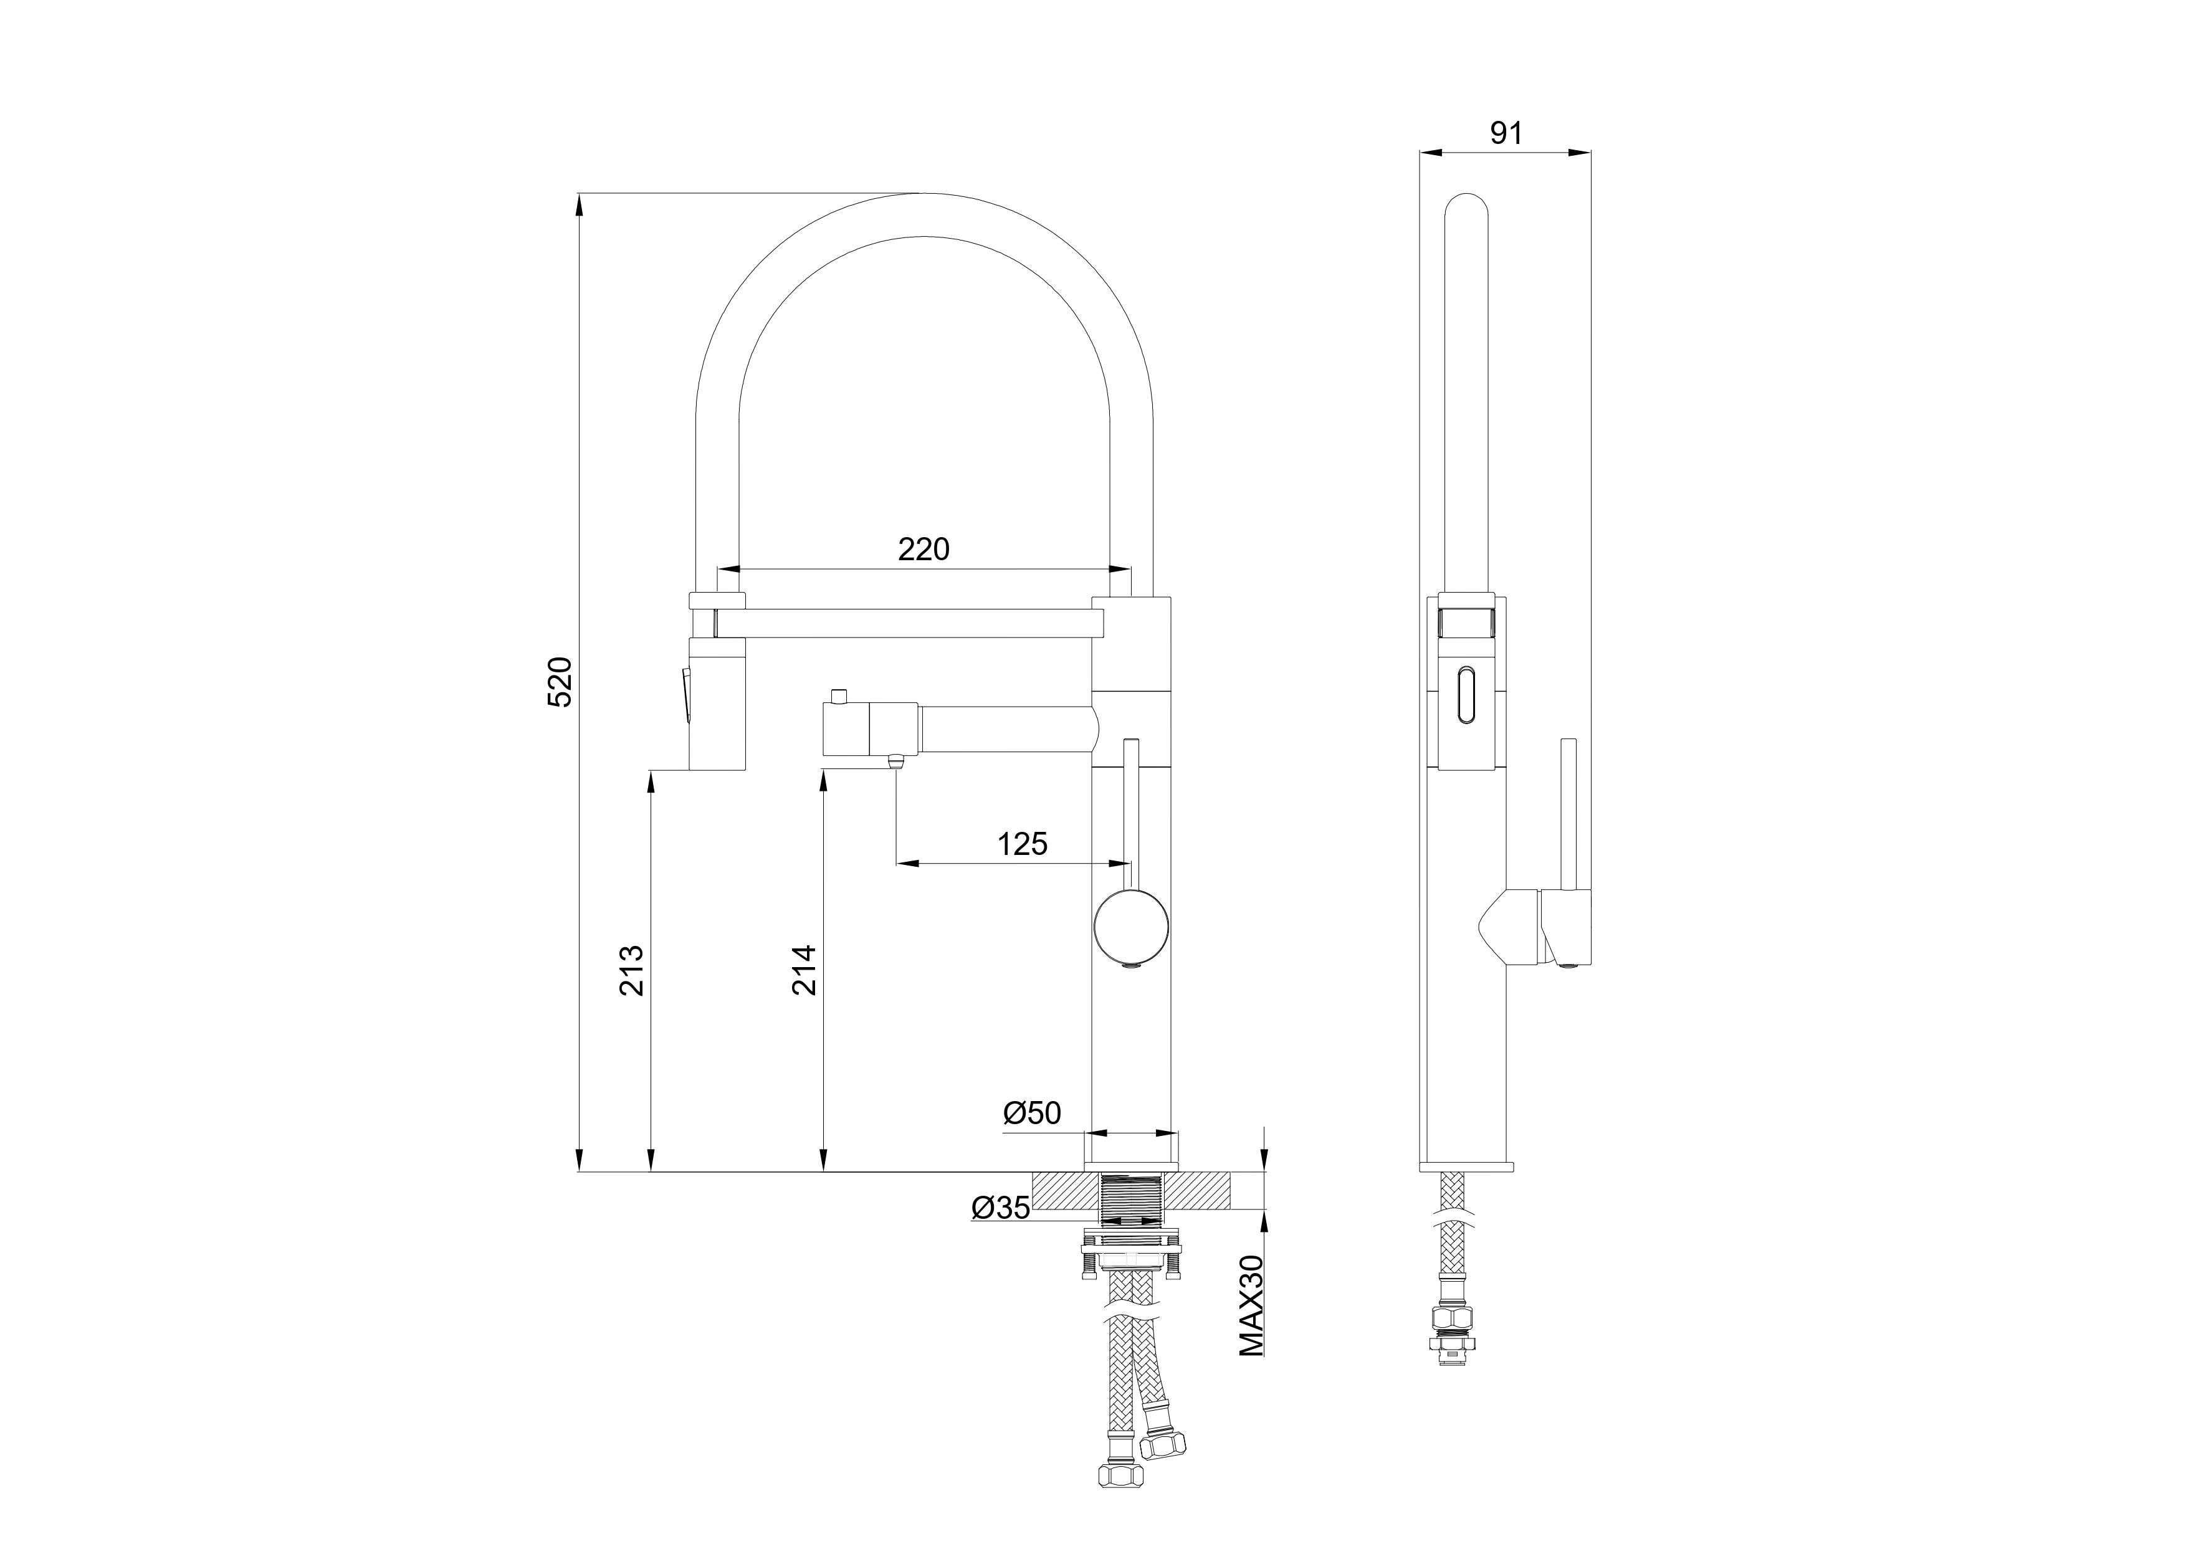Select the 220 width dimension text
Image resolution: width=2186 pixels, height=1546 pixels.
924,549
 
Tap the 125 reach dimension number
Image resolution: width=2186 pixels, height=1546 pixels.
1023,844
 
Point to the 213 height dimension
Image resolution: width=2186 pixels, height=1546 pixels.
631,969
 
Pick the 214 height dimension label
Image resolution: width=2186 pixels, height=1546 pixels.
804,969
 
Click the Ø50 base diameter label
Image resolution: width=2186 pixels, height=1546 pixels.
1032,1113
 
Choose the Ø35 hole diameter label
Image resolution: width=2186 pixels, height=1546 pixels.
1001,1208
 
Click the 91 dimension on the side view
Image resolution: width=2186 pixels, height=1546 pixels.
1506,133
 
